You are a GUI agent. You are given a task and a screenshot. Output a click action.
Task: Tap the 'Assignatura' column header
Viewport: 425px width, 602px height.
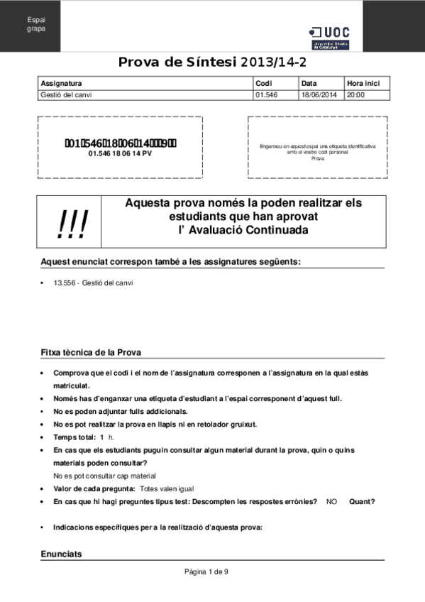pyautogui.click(x=62, y=83)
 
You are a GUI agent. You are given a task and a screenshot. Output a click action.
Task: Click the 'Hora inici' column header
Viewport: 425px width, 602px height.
pyautogui.click(x=363, y=83)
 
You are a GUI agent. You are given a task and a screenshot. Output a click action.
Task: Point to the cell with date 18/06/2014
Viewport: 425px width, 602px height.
pyautogui.click(x=319, y=94)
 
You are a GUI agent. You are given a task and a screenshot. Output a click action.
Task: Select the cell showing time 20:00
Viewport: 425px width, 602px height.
pyautogui.click(x=356, y=94)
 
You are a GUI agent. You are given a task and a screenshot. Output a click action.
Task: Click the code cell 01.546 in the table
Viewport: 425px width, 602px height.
pyautogui.click(x=265, y=94)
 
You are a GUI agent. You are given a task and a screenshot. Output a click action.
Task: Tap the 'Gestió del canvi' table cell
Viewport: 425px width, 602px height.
pyautogui.click(x=67, y=94)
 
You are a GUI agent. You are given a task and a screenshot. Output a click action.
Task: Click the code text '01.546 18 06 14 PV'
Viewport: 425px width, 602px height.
pyautogui.click(x=120, y=153)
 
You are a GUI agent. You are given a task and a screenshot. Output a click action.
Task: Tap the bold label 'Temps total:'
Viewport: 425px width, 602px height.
pyautogui.click(x=74, y=437)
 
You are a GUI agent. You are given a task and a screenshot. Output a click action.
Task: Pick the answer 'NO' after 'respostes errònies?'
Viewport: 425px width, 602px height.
pyautogui.click(x=331, y=502)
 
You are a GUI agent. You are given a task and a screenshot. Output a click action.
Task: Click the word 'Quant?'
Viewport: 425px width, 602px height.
pyautogui.click(x=362, y=502)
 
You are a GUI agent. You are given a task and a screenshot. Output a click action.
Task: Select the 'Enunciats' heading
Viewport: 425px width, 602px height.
pyautogui.click(x=62, y=554)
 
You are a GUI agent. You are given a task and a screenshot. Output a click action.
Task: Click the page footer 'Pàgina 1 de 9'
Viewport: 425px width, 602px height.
pyautogui.click(x=206, y=572)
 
